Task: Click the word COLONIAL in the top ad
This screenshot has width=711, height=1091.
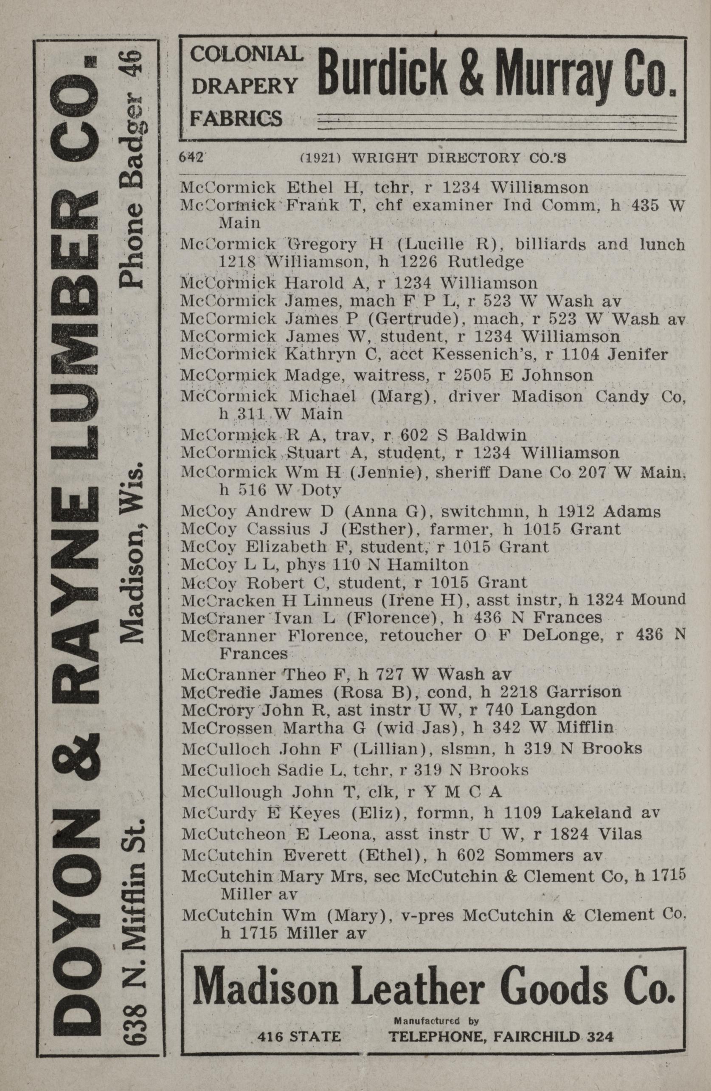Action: pyautogui.click(x=247, y=54)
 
